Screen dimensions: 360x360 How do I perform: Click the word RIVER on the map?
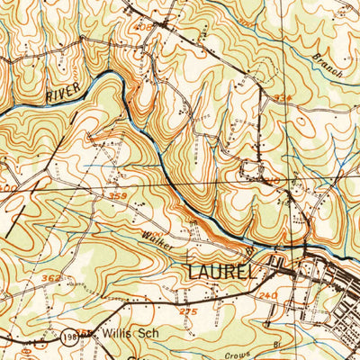63,90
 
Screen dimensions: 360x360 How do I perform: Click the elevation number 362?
52,280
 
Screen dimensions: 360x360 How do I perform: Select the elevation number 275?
186,310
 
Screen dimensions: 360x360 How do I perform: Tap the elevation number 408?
142,28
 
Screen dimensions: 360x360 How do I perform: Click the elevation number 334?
283,97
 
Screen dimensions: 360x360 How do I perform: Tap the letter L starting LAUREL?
193,270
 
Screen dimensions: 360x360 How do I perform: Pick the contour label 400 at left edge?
5,187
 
